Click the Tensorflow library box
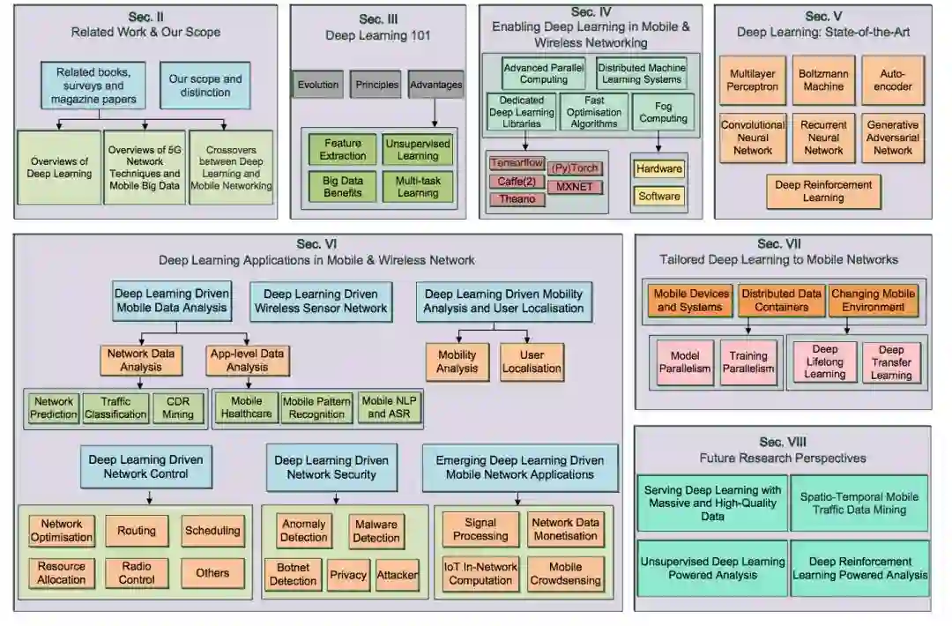click(x=517, y=163)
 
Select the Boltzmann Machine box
click(x=823, y=80)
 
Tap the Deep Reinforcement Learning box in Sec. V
click(x=823, y=191)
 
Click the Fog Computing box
click(x=664, y=112)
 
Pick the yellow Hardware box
click(x=659, y=168)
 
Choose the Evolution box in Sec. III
click(x=318, y=85)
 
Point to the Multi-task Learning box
click(x=418, y=187)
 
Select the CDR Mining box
click(x=177, y=407)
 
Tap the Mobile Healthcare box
click(x=246, y=407)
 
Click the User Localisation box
click(x=532, y=361)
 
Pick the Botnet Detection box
click(x=293, y=574)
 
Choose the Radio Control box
click(x=136, y=573)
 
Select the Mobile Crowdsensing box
click(x=566, y=574)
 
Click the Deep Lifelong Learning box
click(x=824, y=361)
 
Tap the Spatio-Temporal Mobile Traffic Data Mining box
click(x=859, y=503)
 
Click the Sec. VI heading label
click(x=316, y=244)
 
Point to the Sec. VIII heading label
click(x=783, y=442)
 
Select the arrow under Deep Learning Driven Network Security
click(x=331, y=498)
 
